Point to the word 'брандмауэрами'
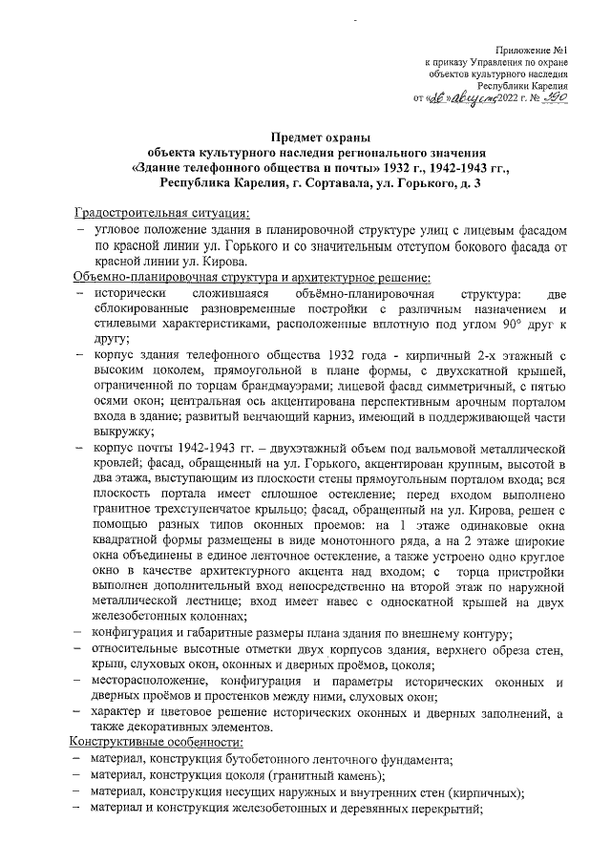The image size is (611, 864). [290, 391]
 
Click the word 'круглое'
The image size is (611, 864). [550, 554]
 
